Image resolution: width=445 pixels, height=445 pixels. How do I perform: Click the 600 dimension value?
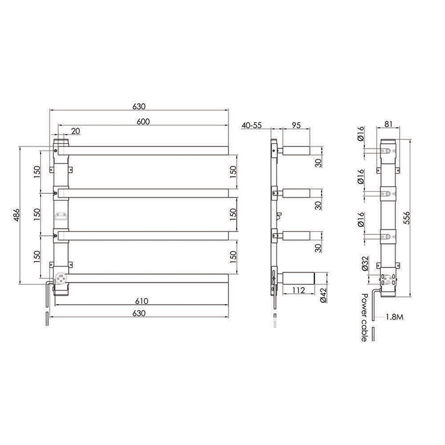coord(143,121)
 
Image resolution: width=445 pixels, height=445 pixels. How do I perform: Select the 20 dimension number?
coord(75,131)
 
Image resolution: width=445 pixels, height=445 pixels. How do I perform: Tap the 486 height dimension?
coord(15,215)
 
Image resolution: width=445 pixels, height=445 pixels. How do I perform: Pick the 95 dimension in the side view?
coord(296,126)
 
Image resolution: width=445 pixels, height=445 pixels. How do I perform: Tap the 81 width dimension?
coord(389,126)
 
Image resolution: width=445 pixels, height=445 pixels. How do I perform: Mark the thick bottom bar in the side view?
coord(299,278)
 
